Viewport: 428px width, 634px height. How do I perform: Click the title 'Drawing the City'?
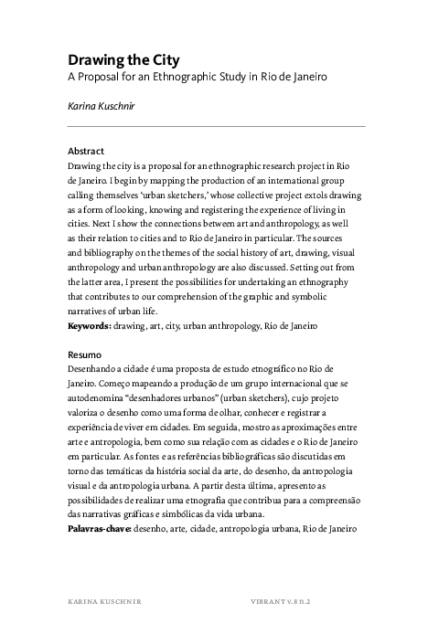(x=115, y=61)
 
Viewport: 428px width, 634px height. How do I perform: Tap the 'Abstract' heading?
(x=86, y=151)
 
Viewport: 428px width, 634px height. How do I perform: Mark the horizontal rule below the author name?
(x=216, y=126)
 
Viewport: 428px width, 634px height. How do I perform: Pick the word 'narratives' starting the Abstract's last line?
(x=88, y=311)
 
